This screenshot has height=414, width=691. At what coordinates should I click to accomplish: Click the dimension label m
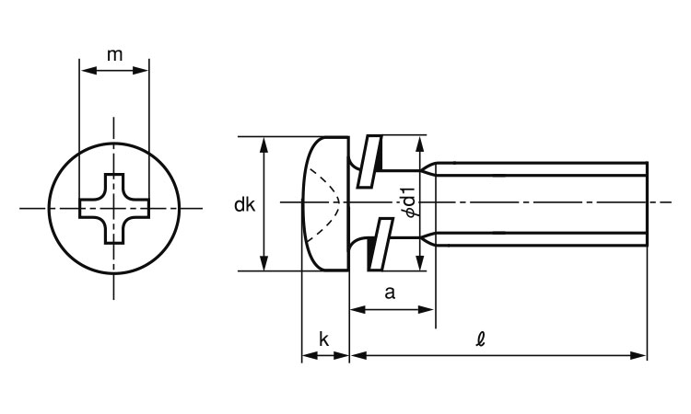click(114, 54)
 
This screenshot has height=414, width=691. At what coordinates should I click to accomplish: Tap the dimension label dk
click(245, 205)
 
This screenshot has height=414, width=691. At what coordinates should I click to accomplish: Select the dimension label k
click(324, 339)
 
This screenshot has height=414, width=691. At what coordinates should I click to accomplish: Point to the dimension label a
click(390, 293)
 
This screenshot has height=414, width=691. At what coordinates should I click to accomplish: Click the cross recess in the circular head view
click(114, 208)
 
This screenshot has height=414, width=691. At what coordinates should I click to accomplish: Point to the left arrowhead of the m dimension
click(86, 69)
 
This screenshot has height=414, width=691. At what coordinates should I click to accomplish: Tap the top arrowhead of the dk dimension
click(264, 143)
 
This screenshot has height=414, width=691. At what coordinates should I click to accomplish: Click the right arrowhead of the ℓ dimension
click(641, 354)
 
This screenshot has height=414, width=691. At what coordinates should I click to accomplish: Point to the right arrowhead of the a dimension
click(428, 310)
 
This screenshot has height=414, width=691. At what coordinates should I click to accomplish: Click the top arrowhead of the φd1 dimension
click(421, 141)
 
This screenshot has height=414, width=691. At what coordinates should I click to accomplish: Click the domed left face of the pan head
click(304, 203)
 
